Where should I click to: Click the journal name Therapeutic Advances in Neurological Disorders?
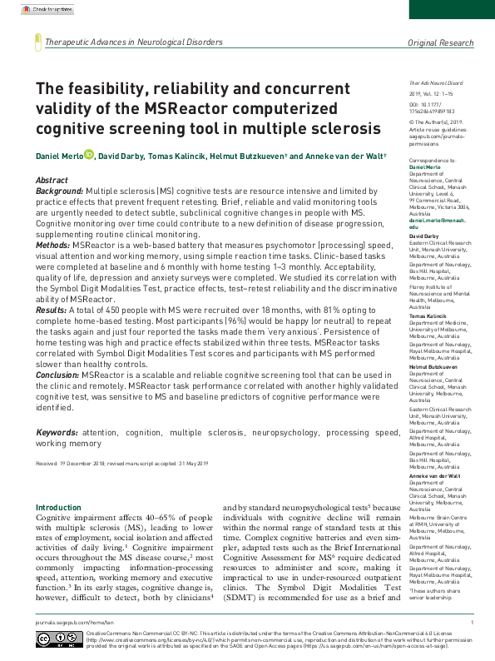pos(135,42)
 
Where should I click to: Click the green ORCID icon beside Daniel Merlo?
pos(88,155)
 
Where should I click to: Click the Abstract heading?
pos(52,180)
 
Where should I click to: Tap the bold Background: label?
pos(60,191)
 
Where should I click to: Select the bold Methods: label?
pos(52,246)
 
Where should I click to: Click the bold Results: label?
pos(51,310)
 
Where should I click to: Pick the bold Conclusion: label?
pos(57,375)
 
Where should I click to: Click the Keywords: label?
pos(57,434)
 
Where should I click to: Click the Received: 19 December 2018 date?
pos(73,462)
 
